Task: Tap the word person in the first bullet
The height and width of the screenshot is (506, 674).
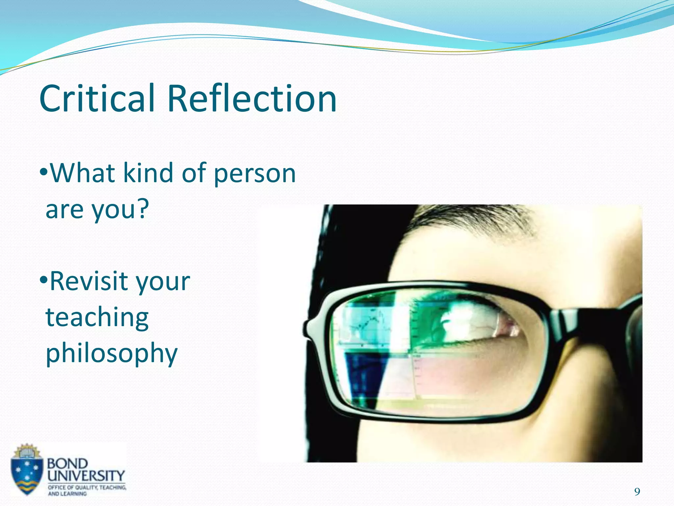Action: point(255,174)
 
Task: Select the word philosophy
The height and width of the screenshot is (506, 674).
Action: point(111,353)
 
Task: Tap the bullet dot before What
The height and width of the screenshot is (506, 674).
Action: point(44,172)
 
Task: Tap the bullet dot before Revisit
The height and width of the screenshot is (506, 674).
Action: point(44,281)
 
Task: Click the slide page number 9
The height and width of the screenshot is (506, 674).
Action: point(637,492)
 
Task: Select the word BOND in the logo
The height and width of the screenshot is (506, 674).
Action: point(67,464)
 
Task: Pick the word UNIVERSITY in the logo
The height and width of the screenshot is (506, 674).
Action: point(86,476)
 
